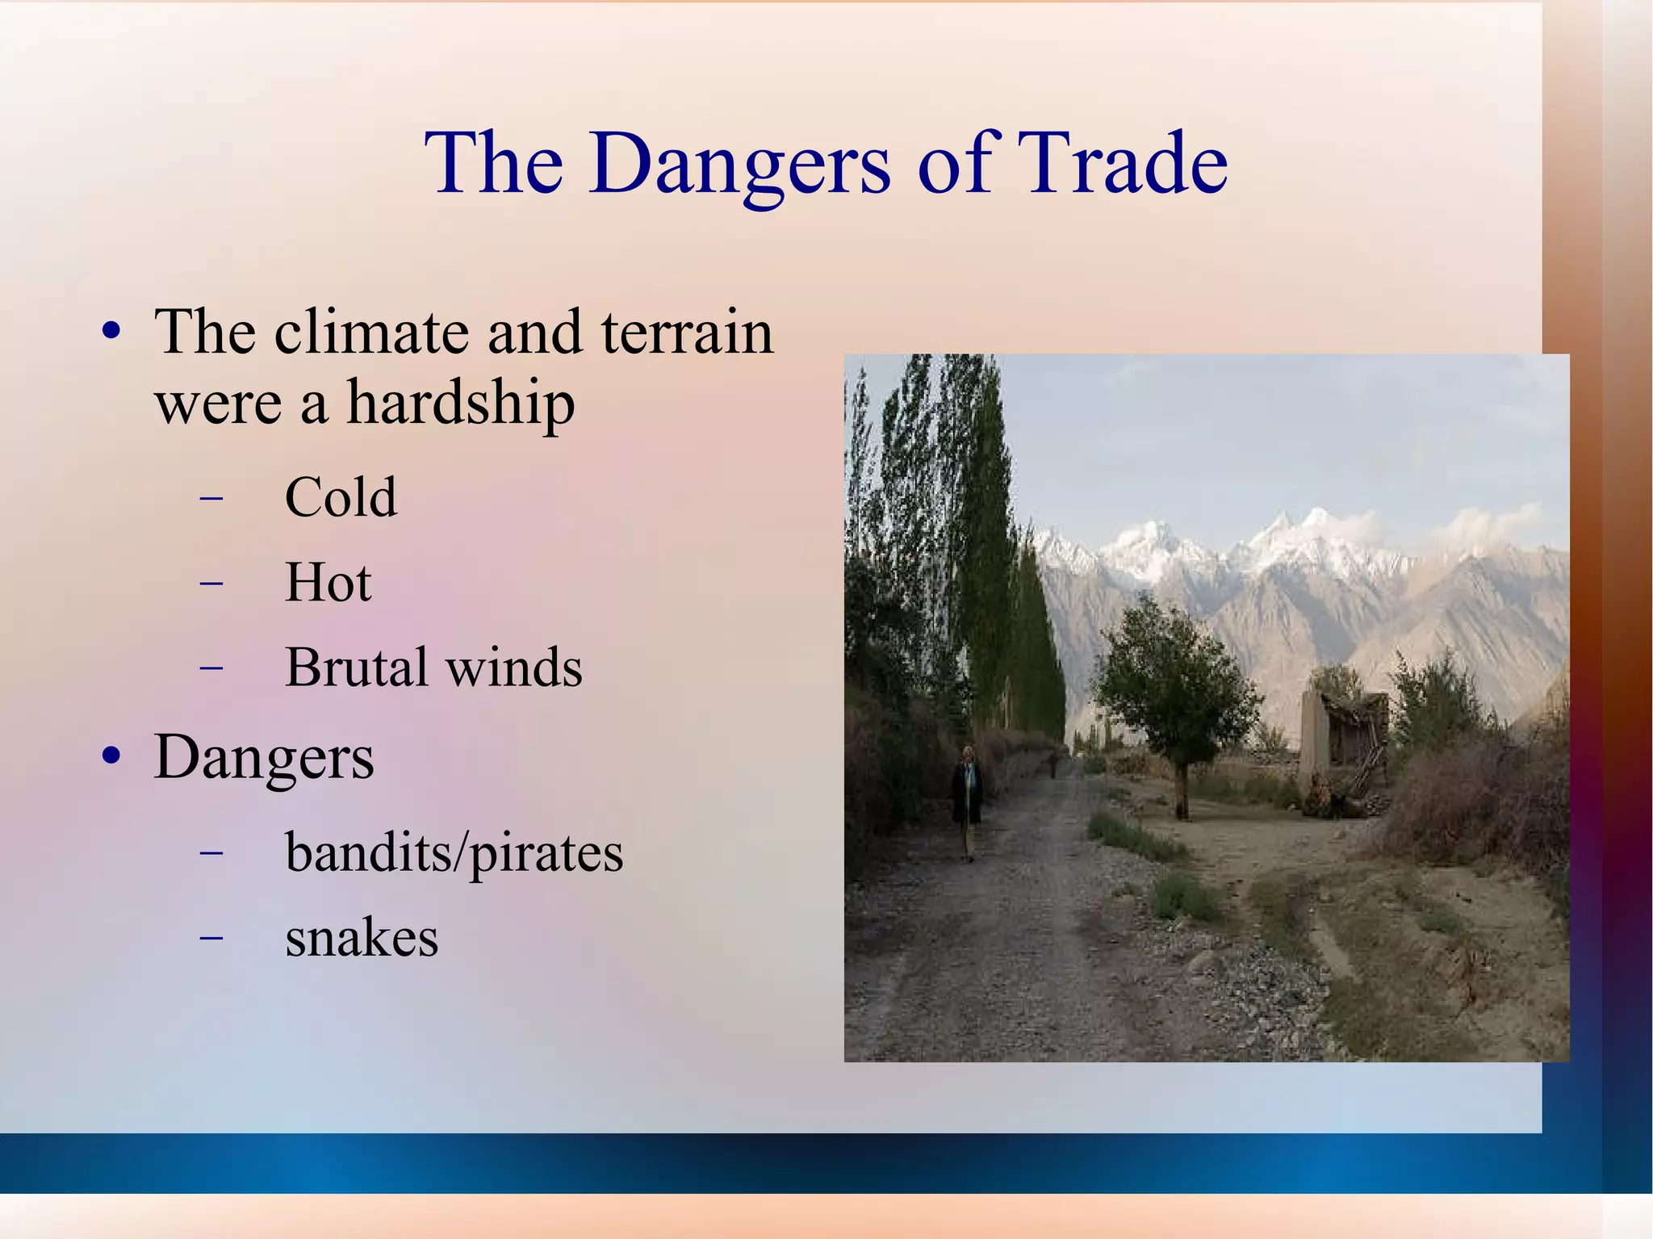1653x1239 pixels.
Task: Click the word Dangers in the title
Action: pos(739,165)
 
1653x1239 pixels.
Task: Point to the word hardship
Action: pos(460,403)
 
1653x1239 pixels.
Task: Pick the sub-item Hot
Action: pos(328,582)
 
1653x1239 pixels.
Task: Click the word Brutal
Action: pos(356,668)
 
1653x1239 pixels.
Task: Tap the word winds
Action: pos(514,668)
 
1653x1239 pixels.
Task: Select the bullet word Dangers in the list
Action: pos(264,759)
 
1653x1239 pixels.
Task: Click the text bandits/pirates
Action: pos(454,853)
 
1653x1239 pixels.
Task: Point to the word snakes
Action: pos(362,938)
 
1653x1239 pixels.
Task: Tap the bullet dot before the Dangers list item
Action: pos(111,757)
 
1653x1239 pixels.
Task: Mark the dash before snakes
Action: pos(211,938)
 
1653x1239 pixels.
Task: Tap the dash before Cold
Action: pos(211,498)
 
